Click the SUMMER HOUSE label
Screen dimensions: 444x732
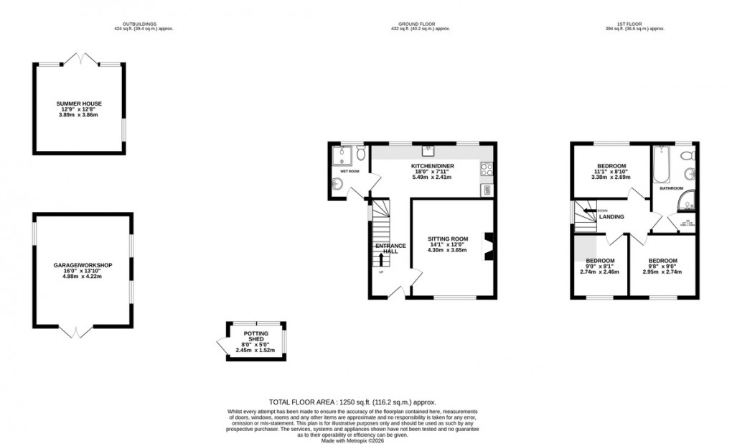click(80, 104)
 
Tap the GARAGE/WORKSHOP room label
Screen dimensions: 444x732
click(83, 265)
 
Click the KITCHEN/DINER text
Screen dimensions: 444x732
click(432, 167)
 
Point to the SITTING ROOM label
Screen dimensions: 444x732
click(448, 239)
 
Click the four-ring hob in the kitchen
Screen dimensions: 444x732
click(485, 170)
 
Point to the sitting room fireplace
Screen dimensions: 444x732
click(488, 245)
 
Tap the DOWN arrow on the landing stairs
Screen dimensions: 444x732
click(588, 211)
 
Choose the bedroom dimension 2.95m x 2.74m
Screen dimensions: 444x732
click(661, 272)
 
